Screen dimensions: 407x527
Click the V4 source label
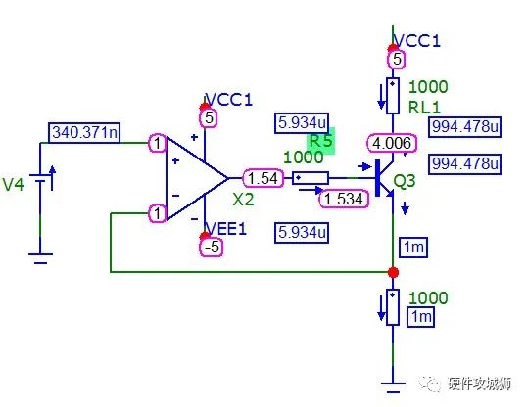15,184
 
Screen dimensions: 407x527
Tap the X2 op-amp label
244,199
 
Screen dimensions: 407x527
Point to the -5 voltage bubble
211,247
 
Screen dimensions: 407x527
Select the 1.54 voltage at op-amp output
263,178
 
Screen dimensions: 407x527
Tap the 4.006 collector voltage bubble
390,144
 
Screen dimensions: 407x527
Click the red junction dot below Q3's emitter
393,271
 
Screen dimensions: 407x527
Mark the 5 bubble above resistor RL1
397,60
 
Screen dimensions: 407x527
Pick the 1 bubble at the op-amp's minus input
156,213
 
